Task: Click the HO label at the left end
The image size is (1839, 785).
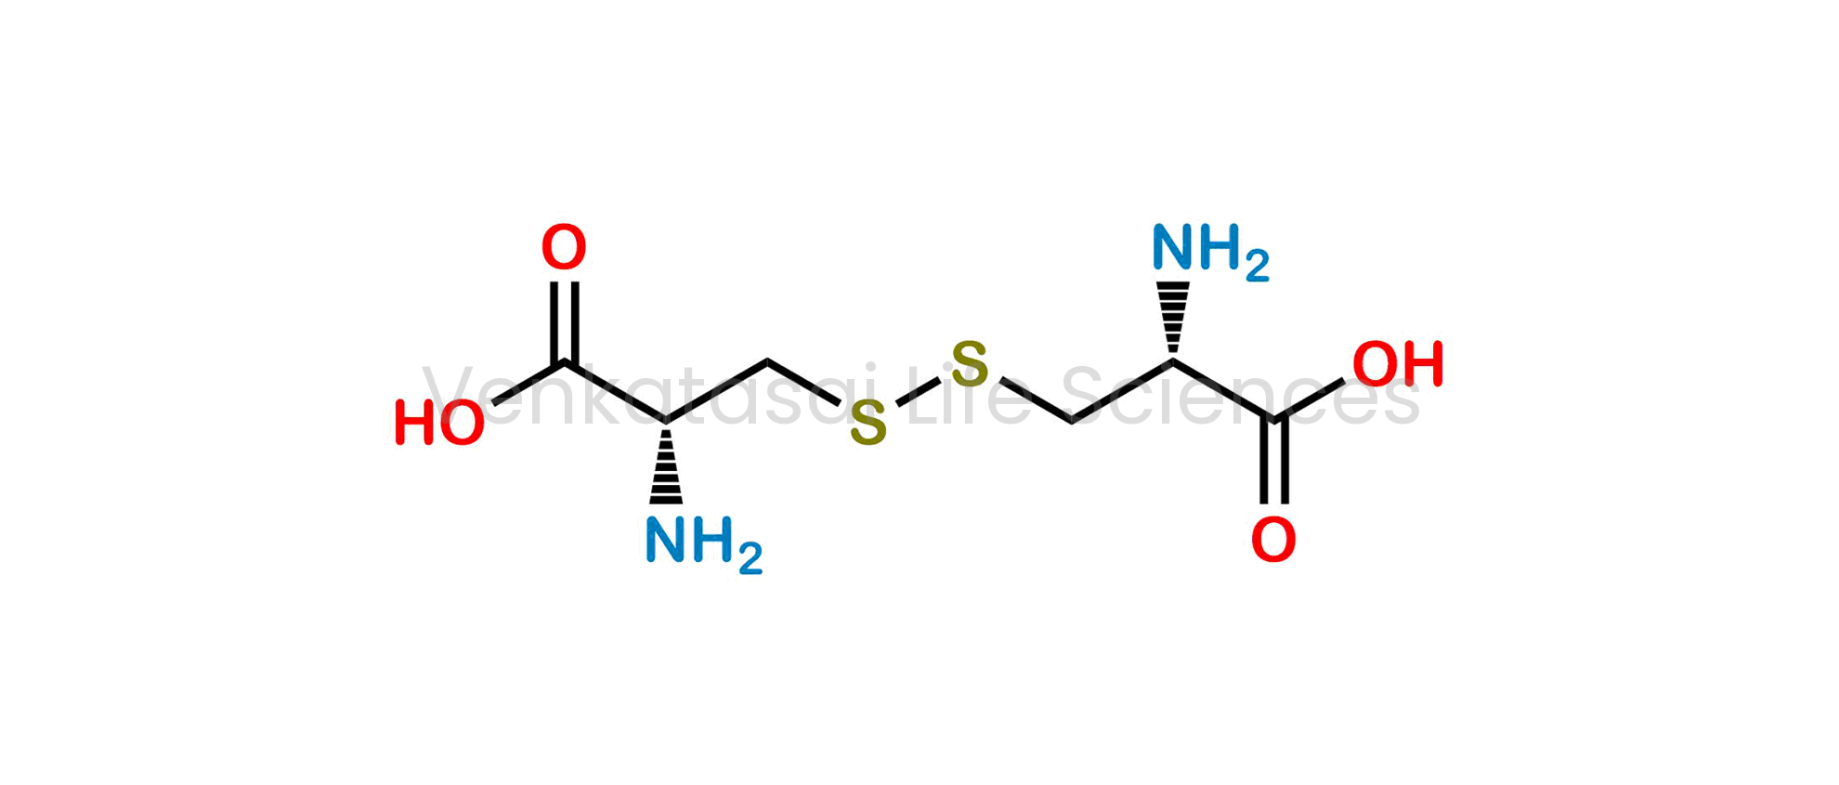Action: click(x=439, y=423)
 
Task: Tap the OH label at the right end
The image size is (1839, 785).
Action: click(x=1398, y=363)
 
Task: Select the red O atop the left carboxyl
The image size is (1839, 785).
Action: click(x=564, y=247)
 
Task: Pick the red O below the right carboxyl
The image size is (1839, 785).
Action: click(x=1273, y=540)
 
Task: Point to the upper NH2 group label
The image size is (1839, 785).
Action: click(x=1210, y=251)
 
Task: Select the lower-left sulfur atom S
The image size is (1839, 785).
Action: click(x=868, y=424)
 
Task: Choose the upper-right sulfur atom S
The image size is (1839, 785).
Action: click(x=971, y=364)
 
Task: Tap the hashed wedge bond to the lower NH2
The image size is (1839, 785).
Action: click(x=666, y=464)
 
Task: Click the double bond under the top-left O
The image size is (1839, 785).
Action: click(x=565, y=321)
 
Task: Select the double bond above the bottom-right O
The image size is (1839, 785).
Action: click(x=1273, y=462)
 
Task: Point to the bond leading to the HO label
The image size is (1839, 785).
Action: click(x=528, y=383)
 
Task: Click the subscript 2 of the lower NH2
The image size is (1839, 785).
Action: click(x=751, y=560)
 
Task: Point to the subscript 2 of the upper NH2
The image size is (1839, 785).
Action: click(x=1258, y=267)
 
